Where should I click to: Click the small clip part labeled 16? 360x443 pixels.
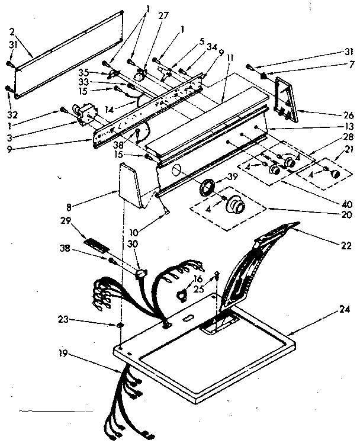click(x=181, y=291)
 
